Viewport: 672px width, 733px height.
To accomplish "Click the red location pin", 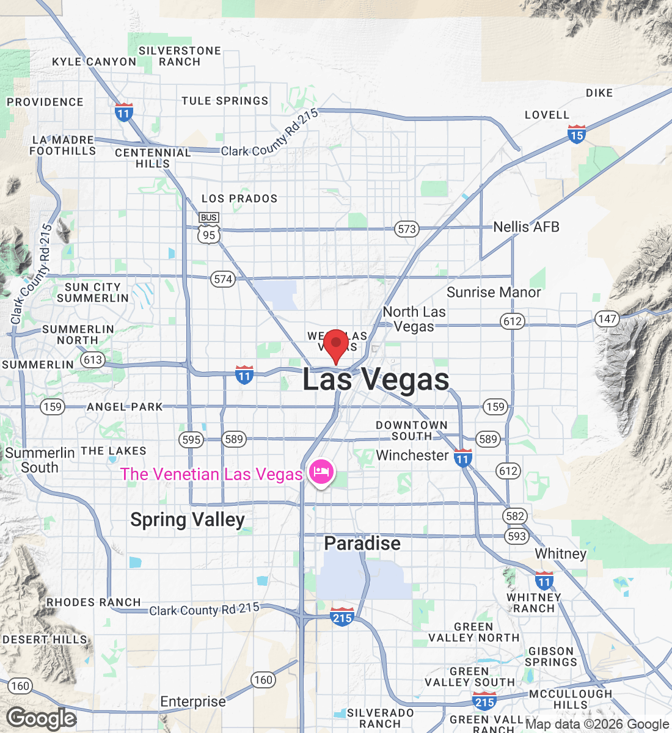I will pyautogui.click(x=335, y=344).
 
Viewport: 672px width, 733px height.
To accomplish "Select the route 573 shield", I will pyautogui.click(x=406, y=229).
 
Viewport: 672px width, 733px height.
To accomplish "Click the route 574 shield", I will pyautogui.click(x=223, y=279).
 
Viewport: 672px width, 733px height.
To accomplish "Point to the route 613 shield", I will pyautogui.click(x=93, y=360).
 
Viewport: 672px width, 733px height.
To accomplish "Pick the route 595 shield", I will pyautogui.click(x=191, y=439).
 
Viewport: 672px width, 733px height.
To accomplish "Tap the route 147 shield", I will pyautogui.click(x=607, y=319).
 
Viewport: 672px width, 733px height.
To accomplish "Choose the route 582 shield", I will pyautogui.click(x=515, y=516).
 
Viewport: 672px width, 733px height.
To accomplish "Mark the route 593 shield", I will pyautogui.click(x=516, y=536).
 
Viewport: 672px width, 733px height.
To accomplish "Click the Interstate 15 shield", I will pyautogui.click(x=577, y=134).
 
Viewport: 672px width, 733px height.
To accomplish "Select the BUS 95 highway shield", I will pyautogui.click(x=209, y=228).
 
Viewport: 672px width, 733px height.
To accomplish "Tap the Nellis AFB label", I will pyautogui.click(x=526, y=227).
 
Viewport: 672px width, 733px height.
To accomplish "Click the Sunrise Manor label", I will pyautogui.click(x=494, y=293).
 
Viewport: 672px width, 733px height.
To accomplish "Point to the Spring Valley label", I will pyautogui.click(x=188, y=520).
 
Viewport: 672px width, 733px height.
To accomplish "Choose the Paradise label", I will pyautogui.click(x=362, y=543).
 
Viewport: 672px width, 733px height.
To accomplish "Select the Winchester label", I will pyautogui.click(x=412, y=455).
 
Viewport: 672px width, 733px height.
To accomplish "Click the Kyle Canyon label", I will pyautogui.click(x=94, y=62).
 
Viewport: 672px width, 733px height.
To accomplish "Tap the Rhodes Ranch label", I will pyautogui.click(x=94, y=602).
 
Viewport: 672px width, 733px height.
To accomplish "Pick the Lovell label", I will pyautogui.click(x=547, y=115).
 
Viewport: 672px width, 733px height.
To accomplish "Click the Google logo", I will pyautogui.click(x=42, y=719).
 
